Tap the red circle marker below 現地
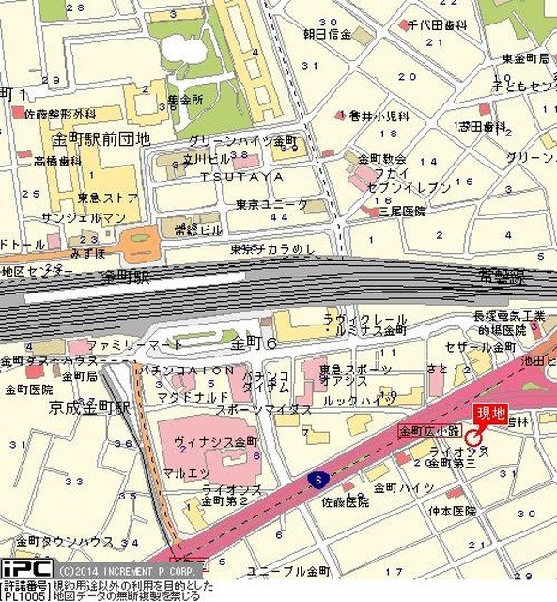472,437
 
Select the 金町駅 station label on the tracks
127,277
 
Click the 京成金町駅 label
89,409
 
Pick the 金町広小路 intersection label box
428,430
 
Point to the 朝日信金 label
326,35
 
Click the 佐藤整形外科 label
61,114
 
